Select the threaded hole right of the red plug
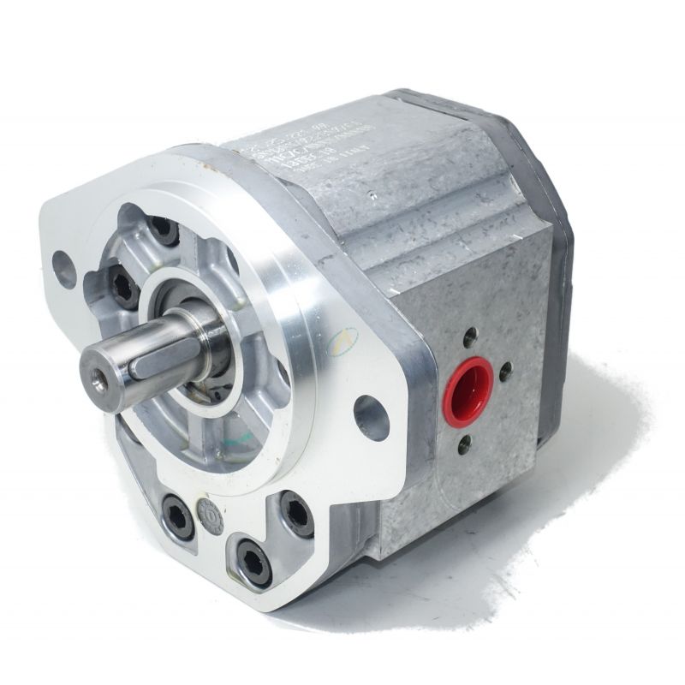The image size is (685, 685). (505, 371)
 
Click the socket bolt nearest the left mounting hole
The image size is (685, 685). (121, 286)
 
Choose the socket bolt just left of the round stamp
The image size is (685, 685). (177, 516)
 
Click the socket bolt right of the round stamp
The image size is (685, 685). (296, 515)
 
